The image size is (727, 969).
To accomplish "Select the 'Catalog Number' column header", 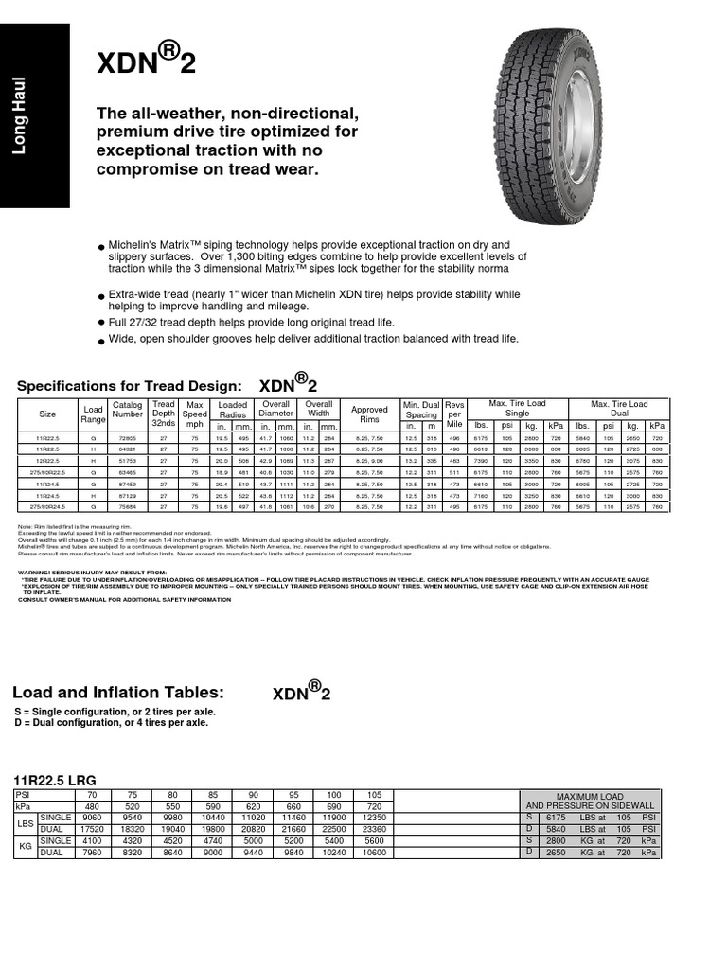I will click(128, 414).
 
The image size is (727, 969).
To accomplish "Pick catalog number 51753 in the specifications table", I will click(128, 459).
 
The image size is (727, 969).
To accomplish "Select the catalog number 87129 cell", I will click(128, 496).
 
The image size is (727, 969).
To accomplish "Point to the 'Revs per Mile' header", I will click(455, 414).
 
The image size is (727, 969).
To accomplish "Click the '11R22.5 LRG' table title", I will click(56, 779).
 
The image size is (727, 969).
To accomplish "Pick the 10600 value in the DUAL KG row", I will click(375, 852).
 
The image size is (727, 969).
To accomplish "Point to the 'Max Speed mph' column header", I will click(194, 414).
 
